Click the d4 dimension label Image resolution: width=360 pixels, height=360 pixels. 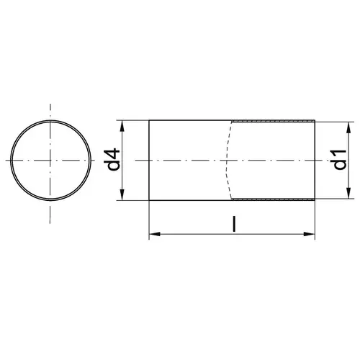pyautogui.click(x=112, y=159)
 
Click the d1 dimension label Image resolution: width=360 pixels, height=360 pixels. pyautogui.click(x=341, y=160)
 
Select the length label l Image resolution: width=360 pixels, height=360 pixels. pyautogui.click(x=234, y=224)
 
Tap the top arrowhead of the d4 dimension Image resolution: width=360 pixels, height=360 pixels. pyautogui.click(x=122, y=126)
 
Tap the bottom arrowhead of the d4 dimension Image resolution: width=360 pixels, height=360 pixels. pyautogui.click(x=122, y=194)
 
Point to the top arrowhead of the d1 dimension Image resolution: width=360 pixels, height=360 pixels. pyautogui.click(x=348, y=128)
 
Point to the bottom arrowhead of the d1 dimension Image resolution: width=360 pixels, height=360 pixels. pyautogui.click(x=348, y=193)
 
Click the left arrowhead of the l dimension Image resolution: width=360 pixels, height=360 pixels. pyautogui.click(x=155, y=234)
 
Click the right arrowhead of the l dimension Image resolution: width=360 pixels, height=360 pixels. pyautogui.click(x=309, y=234)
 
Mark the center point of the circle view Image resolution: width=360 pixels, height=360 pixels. pyautogui.click(x=50, y=160)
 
